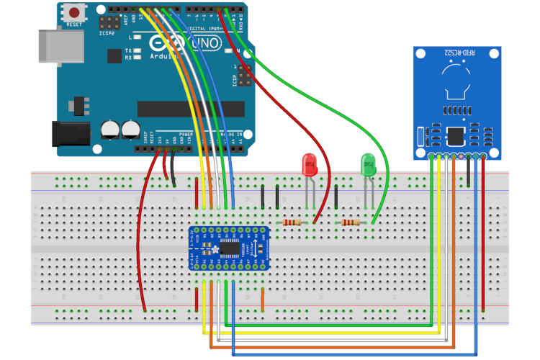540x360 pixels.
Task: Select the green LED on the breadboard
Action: click(369, 165)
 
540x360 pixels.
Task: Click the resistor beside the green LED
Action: click(351, 223)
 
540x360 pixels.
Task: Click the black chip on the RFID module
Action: click(456, 135)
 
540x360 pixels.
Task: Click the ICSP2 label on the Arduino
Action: click(109, 33)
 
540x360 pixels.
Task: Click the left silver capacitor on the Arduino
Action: click(111, 130)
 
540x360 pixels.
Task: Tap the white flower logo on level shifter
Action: click(212, 248)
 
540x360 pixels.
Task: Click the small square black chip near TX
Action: click(114, 55)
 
